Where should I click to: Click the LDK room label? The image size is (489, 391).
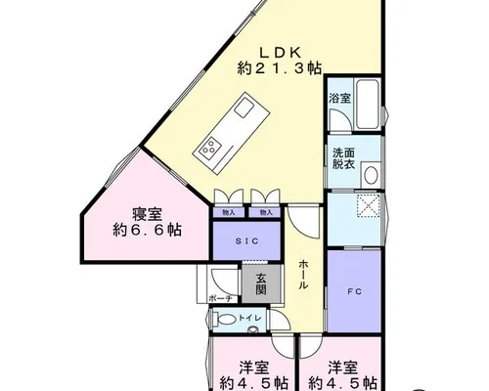pyautogui.click(x=280, y=52)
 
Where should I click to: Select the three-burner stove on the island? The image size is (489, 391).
pyautogui.click(x=208, y=146)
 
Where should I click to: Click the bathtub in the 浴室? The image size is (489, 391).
pyautogui.click(x=368, y=105)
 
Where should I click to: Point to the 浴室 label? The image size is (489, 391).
pyautogui.click(x=339, y=98)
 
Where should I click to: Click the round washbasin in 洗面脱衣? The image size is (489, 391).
pyautogui.click(x=371, y=175)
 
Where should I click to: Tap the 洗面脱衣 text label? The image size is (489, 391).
pyautogui.click(x=343, y=158)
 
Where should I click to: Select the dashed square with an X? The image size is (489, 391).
pyautogui.click(x=369, y=205)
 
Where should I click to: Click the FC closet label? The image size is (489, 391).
pyautogui.click(x=354, y=292)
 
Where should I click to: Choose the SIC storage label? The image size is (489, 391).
pyautogui.click(x=247, y=241)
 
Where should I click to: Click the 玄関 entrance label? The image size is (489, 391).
pyautogui.click(x=261, y=283)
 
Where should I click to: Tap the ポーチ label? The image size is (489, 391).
pyautogui.click(x=220, y=298)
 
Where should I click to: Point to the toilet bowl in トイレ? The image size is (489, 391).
pyautogui.click(x=226, y=320)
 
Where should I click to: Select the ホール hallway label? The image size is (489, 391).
pyautogui.click(x=303, y=275)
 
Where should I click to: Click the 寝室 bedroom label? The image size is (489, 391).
pyautogui.click(x=147, y=214)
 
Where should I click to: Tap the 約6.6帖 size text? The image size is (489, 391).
pyautogui.click(x=148, y=231)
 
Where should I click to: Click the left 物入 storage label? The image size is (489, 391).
pyautogui.click(x=229, y=213)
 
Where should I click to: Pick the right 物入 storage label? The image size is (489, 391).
pyautogui.click(x=266, y=213)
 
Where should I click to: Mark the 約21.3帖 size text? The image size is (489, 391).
pyautogui.click(x=280, y=68)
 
